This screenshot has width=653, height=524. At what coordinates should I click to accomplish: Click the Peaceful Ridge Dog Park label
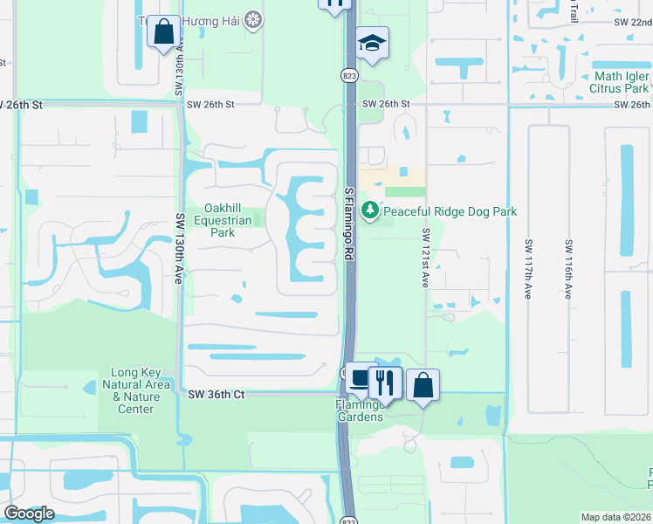[450, 211]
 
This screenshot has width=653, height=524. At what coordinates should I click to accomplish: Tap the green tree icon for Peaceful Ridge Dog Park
[370, 210]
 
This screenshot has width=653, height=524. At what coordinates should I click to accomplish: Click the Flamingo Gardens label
[361, 410]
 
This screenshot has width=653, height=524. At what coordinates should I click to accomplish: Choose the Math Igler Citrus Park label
[622, 82]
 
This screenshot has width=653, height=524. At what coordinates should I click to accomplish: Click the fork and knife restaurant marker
[384, 381]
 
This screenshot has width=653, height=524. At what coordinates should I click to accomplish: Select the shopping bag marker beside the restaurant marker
[423, 383]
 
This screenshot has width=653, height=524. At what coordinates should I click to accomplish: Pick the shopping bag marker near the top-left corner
[163, 32]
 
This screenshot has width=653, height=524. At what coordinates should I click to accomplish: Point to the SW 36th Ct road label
[217, 395]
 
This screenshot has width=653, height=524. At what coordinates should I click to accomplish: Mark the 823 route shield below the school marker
[348, 75]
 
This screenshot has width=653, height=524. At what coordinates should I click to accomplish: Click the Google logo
[29, 514]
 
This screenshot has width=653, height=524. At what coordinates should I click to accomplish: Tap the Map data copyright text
[615, 517]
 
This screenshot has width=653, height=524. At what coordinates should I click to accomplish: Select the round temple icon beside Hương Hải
[253, 19]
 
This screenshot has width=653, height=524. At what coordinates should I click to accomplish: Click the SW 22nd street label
[632, 21]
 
